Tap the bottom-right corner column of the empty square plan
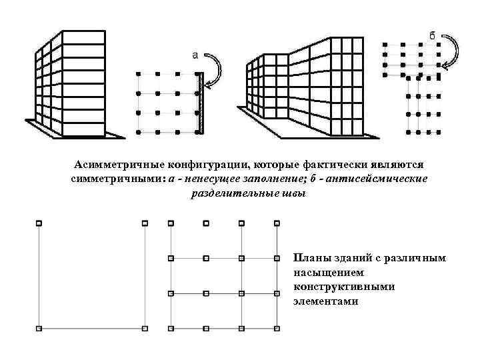tap(145, 328)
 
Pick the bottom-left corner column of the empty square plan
tap(39, 328)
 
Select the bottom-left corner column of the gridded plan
tap(171, 328)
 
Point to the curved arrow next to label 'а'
tap(217, 69)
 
